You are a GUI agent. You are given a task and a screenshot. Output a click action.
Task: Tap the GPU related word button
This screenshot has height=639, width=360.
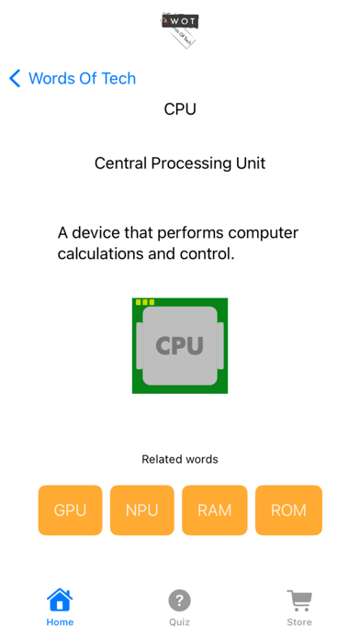click(x=70, y=510)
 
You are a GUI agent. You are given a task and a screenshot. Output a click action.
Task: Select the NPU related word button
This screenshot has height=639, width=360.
click(x=142, y=510)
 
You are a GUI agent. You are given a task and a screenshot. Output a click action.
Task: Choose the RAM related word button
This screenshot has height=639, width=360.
click(x=215, y=510)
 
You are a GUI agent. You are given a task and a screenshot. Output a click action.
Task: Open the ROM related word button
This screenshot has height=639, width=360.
click(x=288, y=510)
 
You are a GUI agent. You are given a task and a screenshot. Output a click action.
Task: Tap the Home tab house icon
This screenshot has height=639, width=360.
click(x=60, y=600)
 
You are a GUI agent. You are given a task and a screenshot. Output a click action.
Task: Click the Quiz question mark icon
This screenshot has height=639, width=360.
click(x=179, y=600)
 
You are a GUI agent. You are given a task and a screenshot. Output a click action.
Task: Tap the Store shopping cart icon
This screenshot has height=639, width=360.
click(x=299, y=600)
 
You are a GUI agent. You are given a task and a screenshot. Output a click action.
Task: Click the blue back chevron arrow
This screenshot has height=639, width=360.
click(x=15, y=78)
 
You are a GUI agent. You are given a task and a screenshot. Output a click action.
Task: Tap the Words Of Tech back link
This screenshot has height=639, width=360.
click(x=82, y=78)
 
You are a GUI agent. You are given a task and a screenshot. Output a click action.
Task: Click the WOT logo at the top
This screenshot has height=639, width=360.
click(x=180, y=28)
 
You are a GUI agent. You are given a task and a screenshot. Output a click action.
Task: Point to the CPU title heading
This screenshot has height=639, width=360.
click(x=180, y=109)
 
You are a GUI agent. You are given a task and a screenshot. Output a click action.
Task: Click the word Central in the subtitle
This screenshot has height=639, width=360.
click(x=123, y=163)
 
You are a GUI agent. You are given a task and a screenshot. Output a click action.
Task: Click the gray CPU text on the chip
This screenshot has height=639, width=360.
click(x=180, y=345)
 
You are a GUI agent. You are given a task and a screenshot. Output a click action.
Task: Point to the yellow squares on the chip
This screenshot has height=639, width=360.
click(x=145, y=302)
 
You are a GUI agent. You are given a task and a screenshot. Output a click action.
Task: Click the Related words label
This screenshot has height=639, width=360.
click(x=180, y=459)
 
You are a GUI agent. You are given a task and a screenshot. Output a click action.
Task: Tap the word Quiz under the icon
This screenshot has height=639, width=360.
click(x=179, y=622)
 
